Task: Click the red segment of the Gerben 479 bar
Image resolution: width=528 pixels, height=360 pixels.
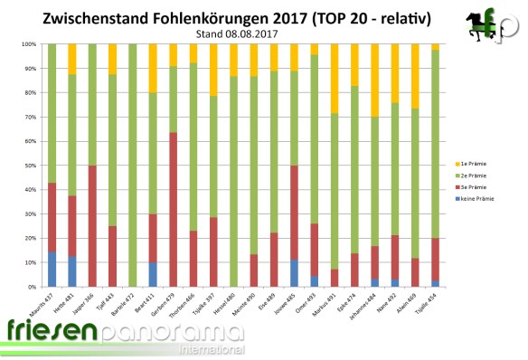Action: point(172,208)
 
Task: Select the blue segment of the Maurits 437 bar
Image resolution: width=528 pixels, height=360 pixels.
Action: point(52,269)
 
